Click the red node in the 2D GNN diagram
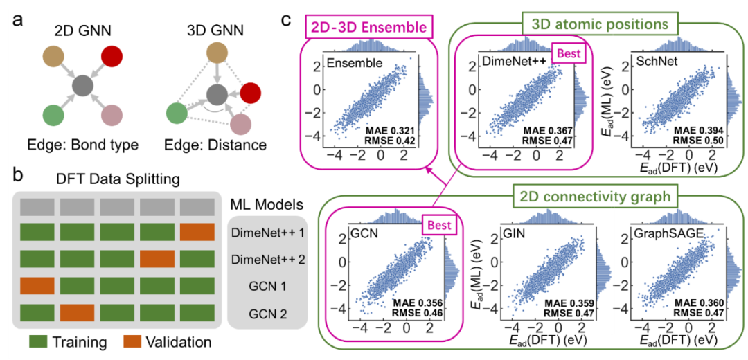click(112, 57)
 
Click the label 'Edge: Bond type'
click(82, 145)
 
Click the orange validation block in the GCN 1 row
click(36, 285)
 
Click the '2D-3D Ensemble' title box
click(367, 28)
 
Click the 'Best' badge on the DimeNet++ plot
click(569, 53)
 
